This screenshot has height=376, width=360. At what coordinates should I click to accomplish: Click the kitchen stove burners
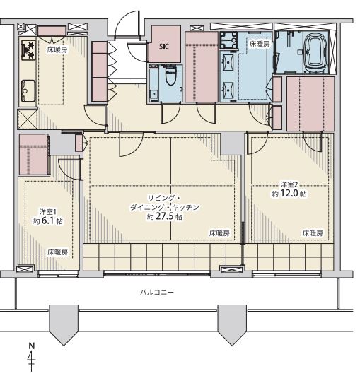tap(28, 51)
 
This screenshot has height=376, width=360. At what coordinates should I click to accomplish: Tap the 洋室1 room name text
tap(47, 211)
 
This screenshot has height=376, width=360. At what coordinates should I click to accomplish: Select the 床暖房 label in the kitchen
tap(57, 50)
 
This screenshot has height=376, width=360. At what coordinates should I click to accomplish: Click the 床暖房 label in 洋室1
tap(57, 252)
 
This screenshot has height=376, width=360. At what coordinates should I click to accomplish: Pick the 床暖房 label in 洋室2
tap(311, 233)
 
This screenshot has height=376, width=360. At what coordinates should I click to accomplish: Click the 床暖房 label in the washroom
tap(258, 44)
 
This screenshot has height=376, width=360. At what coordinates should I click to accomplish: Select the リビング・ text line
tap(164, 197)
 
